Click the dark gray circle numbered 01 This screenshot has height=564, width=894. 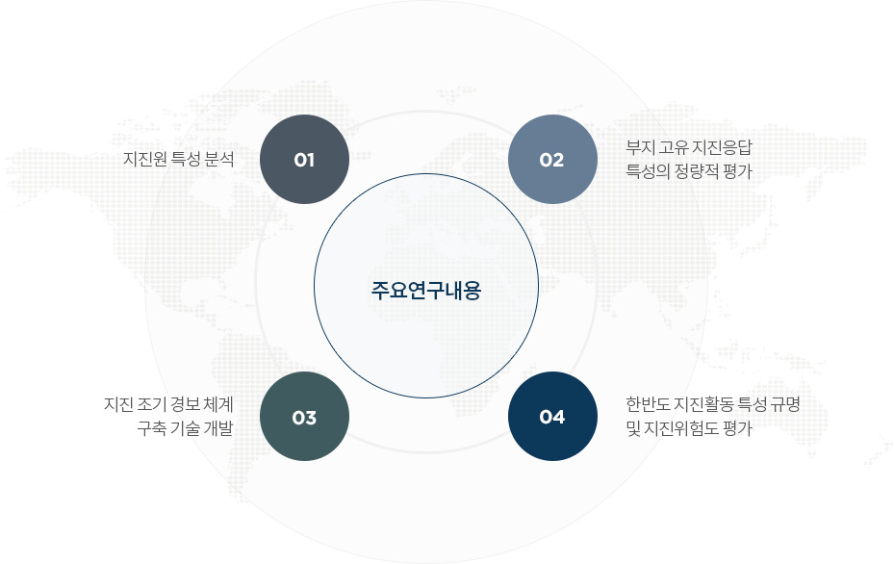click(304, 159)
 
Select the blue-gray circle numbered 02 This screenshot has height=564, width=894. click(552, 159)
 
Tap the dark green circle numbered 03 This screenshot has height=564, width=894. click(304, 417)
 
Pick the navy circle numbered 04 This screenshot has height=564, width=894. click(552, 417)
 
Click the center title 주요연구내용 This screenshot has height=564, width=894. click(426, 291)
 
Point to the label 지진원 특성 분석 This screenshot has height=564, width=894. click(178, 159)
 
